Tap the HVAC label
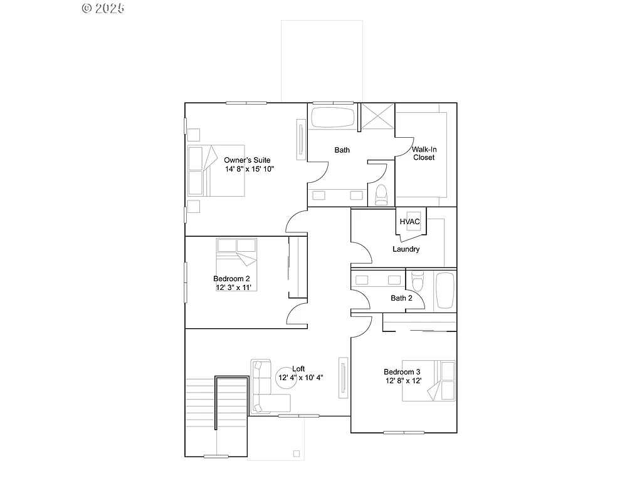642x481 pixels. pyautogui.click(x=409, y=222)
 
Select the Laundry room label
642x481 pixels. pyautogui.click(x=406, y=249)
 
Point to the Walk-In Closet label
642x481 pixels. pyautogui.click(x=423, y=153)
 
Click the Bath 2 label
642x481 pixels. pyautogui.click(x=401, y=298)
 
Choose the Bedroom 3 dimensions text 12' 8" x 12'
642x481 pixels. pyautogui.click(x=403, y=381)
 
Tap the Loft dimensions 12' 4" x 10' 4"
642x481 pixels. pyautogui.click(x=299, y=378)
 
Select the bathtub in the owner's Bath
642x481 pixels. pyautogui.click(x=332, y=118)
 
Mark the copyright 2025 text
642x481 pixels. pyautogui.click(x=103, y=8)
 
